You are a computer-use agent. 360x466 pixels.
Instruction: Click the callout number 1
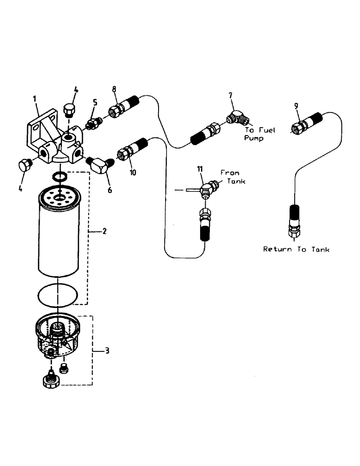pyautogui.click(x=35, y=98)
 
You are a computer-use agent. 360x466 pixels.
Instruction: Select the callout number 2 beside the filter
pyautogui.click(x=104, y=231)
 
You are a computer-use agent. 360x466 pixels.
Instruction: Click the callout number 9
pyautogui.click(x=296, y=106)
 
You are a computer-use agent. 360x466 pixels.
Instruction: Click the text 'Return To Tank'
pyautogui.click(x=296, y=249)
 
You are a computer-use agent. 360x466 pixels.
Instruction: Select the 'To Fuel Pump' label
pyautogui.click(x=260, y=134)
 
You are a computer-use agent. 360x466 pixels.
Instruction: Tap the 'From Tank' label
pyautogui.click(x=232, y=177)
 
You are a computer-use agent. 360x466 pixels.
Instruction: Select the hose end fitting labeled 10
pyautogui.click(x=127, y=151)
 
